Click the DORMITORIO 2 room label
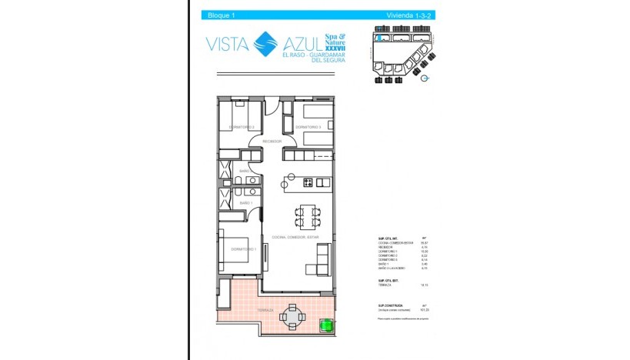click(242, 126)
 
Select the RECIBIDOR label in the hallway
click(272, 142)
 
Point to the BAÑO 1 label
click(246, 202)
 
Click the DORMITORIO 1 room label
click(243, 249)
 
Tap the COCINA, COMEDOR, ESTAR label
click(295, 238)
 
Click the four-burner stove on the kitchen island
click(308, 182)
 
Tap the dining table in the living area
click(307, 213)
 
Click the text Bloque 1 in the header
click(221, 15)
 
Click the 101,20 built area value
click(423, 310)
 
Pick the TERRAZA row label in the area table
click(387, 285)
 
